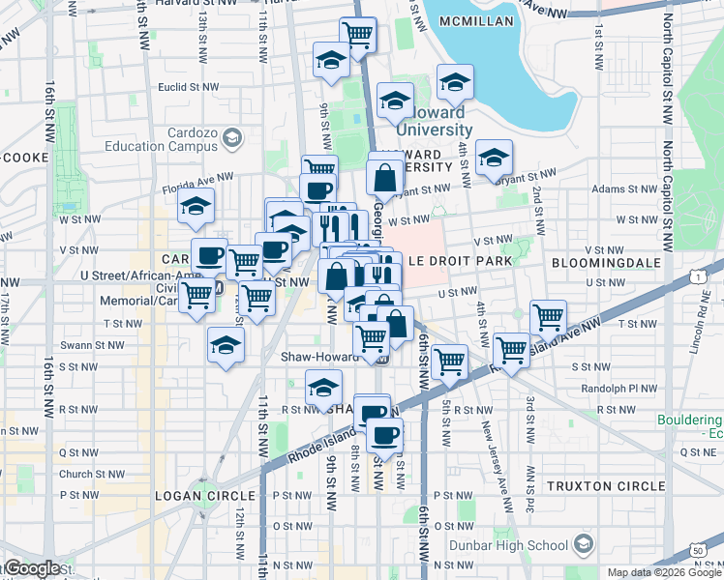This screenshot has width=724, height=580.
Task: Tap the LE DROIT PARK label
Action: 455,262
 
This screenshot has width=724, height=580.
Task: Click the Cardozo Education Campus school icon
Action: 230,139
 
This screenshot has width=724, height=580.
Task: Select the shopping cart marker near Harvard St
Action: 358,36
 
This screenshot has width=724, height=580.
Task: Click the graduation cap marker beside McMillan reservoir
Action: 453,81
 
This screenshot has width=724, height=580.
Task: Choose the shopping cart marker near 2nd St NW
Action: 548,316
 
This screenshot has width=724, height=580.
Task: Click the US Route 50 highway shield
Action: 698,550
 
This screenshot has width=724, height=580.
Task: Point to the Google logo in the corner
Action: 32,567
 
